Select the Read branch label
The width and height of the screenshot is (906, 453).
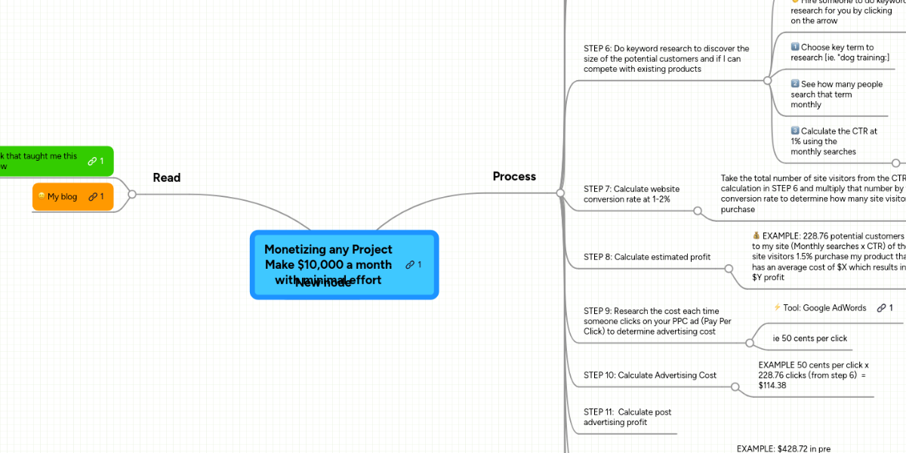[166, 177]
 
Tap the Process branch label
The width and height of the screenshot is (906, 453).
[514, 176]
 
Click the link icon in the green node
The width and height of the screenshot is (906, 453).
[91, 161]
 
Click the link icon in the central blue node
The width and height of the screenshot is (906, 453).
[409, 264]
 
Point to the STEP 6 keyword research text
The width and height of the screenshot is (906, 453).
[666, 59]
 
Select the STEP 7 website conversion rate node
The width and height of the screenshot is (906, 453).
[631, 194]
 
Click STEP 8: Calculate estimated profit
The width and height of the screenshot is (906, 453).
[646, 257]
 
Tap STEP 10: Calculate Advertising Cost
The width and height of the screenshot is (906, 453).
[649, 375]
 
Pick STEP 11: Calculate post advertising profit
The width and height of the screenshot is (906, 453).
[627, 417]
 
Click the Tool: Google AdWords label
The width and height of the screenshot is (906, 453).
[824, 307]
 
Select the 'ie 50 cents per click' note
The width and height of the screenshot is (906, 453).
[809, 338]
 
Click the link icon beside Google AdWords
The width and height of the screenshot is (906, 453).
[881, 307]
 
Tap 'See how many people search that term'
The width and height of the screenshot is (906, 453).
[836, 94]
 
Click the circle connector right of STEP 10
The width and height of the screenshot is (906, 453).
[735, 387]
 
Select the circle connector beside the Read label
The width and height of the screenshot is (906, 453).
[132, 194]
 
